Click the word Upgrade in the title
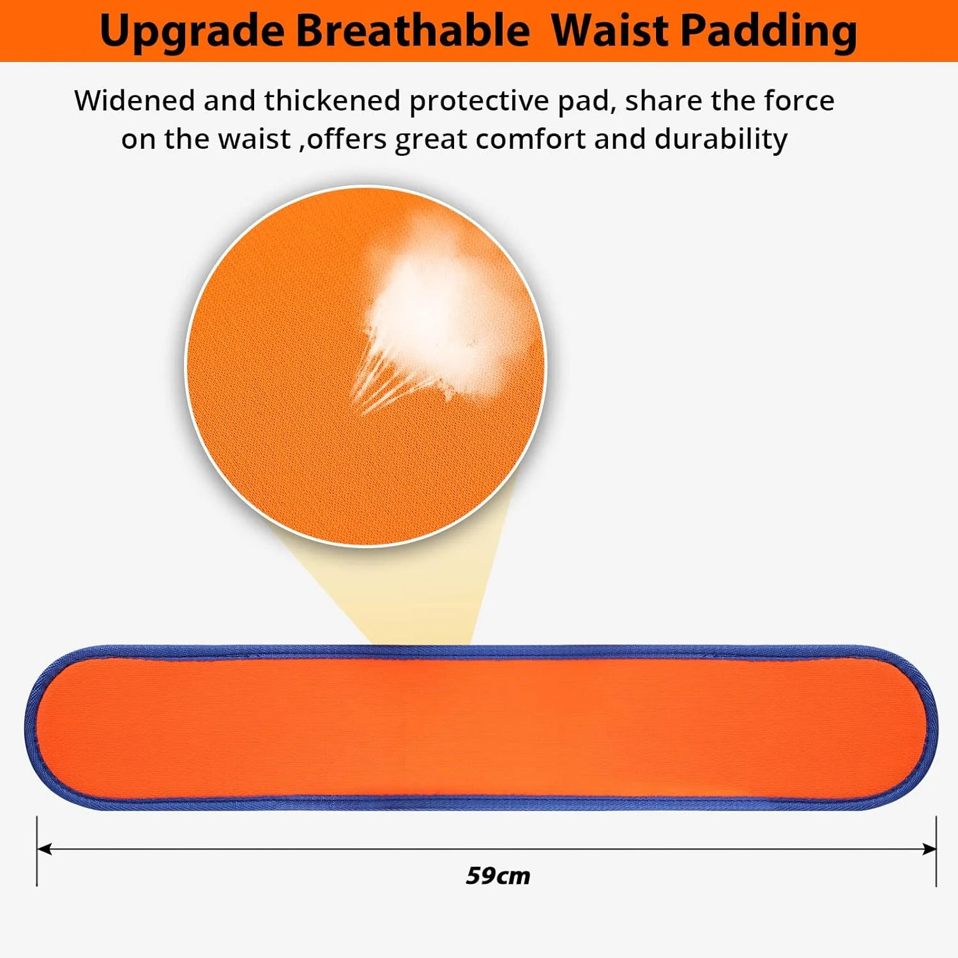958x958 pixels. click(192, 32)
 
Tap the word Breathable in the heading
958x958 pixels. click(413, 30)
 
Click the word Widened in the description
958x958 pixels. click(135, 100)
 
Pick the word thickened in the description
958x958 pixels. click(332, 100)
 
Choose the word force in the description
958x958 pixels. click(799, 100)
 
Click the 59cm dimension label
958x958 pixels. click(498, 876)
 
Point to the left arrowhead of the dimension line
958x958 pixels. click(43, 849)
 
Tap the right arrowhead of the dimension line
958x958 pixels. click(930, 849)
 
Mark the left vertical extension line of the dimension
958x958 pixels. click(37, 851)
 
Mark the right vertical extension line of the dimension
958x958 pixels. click(936, 851)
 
